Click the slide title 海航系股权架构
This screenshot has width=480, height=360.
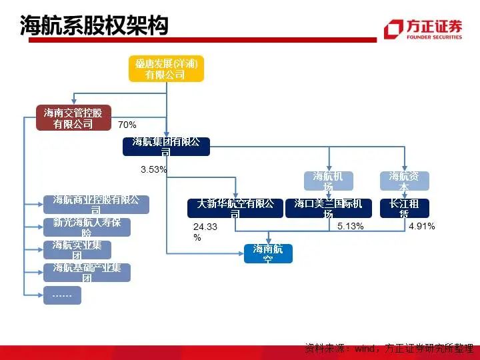pyautogui.click(x=94, y=26)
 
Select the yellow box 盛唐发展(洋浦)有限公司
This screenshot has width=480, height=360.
pyautogui.click(x=165, y=69)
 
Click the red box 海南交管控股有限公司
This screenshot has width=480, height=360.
pyautogui.click(x=73, y=118)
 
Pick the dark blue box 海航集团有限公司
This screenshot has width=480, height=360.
pyautogui.click(x=166, y=146)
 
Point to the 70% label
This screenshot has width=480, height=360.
pyautogui.click(x=127, y=125)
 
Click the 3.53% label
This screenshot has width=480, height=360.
pyautogui.click(x=153, y=170)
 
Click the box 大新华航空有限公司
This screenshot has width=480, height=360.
pyautogui.click(x=235, y=208)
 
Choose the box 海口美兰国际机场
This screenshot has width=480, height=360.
pyautogui.click(x=328, y=208)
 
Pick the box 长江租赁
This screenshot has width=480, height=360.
pyautogui.click(x=404, y=208)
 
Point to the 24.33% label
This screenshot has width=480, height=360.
pyautogui.click(x=204, y=231)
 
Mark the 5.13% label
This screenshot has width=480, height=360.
pyautogui.click(x=350, y=227)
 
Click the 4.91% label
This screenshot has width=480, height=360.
pyautogui.click(x=421, y=227)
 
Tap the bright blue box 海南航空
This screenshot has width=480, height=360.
pyautogui.click(x=268, y=253)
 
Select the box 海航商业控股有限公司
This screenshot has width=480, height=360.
pyautogui.click(x=96, y=205)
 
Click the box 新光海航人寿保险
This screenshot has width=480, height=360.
pyautogui.click(x=87, y=227)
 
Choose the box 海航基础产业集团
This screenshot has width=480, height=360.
pyautogui.click(x=87, y=273)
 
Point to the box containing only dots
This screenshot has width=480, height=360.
pyautogui.click(x=62, y=295)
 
